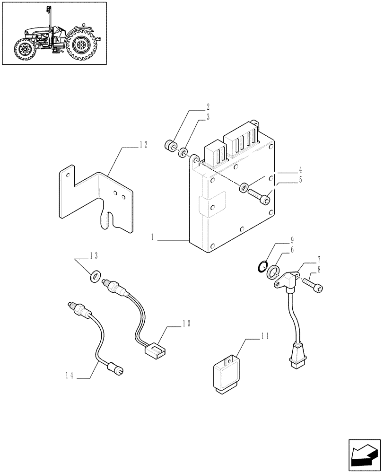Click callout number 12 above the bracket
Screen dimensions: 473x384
point(143,145)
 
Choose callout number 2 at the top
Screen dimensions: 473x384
point(207,107)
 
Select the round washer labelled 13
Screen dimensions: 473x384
point(96,274)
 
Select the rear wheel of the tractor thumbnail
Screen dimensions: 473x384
point(82,46)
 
